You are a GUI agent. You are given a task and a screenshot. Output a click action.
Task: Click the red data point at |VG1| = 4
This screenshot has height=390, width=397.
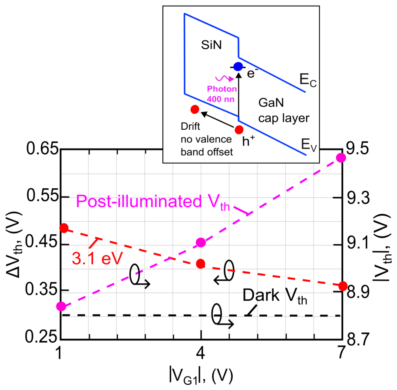[201, 264]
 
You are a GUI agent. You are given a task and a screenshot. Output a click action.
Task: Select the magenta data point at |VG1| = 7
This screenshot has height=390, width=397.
[341, 158]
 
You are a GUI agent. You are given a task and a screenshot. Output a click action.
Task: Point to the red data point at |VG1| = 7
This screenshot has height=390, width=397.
[343, 286]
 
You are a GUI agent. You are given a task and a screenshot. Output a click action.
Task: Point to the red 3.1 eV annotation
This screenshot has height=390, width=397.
[97, 259]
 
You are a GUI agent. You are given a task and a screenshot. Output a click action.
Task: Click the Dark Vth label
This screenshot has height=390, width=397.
[275, 296]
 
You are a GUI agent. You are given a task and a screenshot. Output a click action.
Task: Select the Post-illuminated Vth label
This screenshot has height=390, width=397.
[153, 202]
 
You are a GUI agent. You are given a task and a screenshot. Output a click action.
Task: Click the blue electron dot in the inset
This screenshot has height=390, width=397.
[238, 67]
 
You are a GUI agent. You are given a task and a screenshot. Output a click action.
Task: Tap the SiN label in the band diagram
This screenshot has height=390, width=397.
[212, 45]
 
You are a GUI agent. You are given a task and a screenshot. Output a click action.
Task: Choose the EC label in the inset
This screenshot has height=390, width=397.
[308, 80]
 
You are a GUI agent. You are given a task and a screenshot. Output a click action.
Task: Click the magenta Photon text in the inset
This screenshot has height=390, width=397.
[222, 89]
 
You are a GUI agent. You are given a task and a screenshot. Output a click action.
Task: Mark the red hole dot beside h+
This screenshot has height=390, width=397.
[239, 130]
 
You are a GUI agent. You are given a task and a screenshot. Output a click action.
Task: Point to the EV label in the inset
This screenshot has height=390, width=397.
[309, 145]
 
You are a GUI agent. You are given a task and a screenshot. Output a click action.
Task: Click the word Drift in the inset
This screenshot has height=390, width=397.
[190, 126]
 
